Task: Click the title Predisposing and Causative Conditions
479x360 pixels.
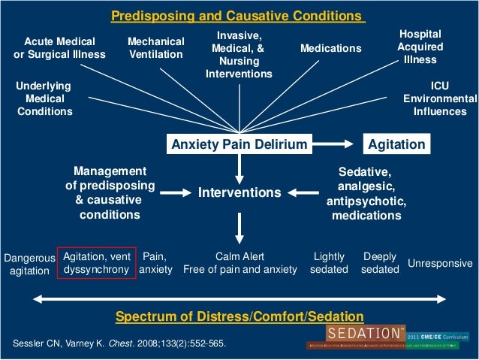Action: [x=238, y=17]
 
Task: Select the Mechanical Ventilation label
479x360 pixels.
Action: [x=155, y=48]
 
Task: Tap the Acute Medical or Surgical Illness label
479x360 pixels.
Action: [x=60, y=48]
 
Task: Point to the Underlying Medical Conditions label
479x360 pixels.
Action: [x=45, y=98]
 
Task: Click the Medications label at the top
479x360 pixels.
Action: [x=330, y=49]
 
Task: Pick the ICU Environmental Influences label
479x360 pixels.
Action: [x=439, y=98]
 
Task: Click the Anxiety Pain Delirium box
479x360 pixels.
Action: [x=239, y=144]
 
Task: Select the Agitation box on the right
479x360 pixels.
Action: [x=395, y=144]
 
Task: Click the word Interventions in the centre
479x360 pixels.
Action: [x=239, y=193]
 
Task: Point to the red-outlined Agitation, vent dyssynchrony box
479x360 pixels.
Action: [x=98, y=262]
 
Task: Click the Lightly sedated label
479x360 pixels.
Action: [x=330, y=262]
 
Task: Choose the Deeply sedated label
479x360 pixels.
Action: [x=380, y=262]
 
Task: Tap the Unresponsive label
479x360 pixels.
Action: [x=440, y=264]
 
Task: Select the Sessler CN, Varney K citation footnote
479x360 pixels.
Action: [x=119, y=344]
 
